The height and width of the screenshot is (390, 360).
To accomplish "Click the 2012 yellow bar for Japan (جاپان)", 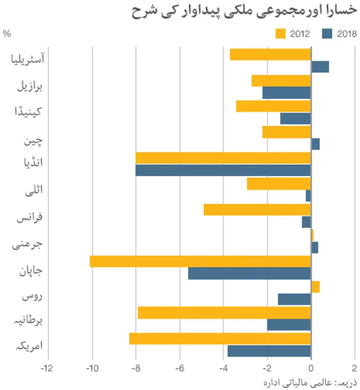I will click(x=200, y=261).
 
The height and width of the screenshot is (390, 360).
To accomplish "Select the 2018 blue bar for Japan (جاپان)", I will click(x=249, y=273).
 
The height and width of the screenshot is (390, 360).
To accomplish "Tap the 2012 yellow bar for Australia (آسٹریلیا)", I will click(x=270, y=54).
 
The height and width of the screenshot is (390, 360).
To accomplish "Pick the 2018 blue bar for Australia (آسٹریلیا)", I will click(x=319, y=67).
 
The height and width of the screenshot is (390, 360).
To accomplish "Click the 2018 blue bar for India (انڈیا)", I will click(x=223, y=170).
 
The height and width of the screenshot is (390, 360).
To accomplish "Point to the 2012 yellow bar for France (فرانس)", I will click(x=257, y=209).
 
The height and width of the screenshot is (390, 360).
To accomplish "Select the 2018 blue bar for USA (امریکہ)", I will click(x=269, y=351).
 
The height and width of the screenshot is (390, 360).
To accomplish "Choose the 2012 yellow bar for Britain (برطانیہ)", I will click(x=224, y=313).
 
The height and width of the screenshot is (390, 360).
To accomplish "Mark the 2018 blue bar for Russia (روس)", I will click(x=294, y=299).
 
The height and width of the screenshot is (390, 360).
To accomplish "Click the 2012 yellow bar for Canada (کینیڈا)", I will click(x=273, y=106).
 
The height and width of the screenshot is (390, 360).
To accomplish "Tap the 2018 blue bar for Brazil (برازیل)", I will click(x=286, y=93).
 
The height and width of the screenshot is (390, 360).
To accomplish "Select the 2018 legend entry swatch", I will click(x=328, y=34).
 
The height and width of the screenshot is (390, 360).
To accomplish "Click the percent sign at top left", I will click(x=7, y=34).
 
